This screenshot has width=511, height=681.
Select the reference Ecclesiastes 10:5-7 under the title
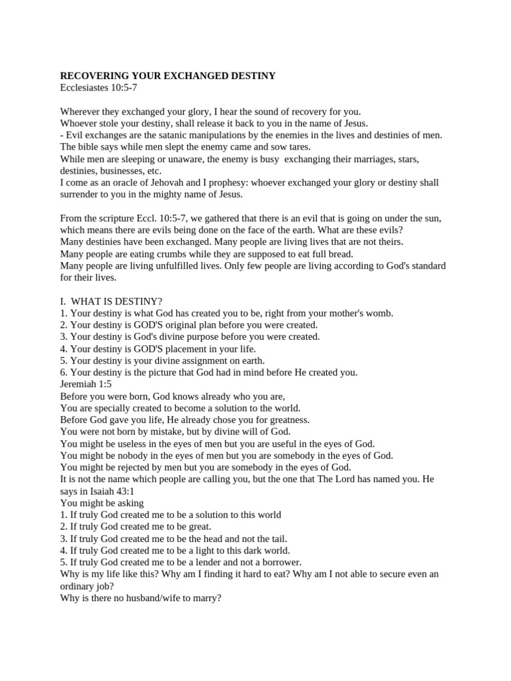[x=98, y=88]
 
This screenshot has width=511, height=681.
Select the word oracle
[x=131, y=182]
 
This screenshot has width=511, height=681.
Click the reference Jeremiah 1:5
[x=86, y=384]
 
